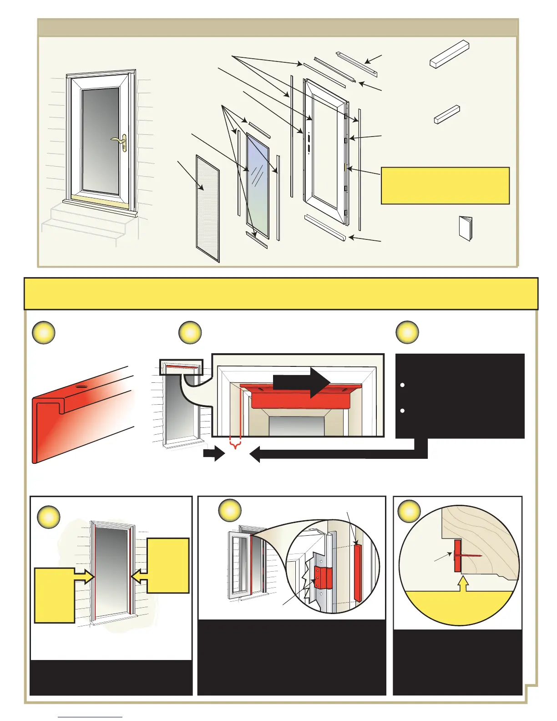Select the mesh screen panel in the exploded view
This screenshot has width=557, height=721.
pos(208,209)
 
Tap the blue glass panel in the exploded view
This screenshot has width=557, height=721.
pos(257,184)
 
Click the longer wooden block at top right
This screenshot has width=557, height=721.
pos(449,54)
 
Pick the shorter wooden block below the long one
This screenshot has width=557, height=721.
pos(447,114)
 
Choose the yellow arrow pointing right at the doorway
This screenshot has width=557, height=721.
pos(84,577)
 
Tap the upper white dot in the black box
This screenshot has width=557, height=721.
pos(402,385)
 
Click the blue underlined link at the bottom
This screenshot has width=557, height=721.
pos(90,717)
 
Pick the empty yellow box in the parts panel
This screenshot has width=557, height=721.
pos(445,185)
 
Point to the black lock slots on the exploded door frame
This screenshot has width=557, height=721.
pos(308,143)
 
